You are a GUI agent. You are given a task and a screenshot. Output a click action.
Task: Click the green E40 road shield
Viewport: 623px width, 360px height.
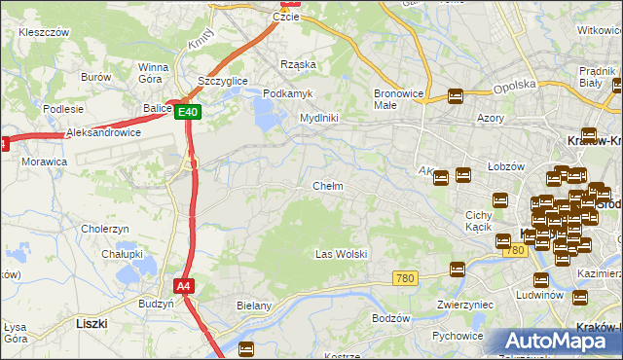pos(189,113)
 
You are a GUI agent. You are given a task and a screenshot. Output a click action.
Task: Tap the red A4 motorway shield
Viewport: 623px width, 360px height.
pos(183,286)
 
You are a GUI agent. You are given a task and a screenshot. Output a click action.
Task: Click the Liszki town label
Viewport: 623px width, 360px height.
pos(91,322)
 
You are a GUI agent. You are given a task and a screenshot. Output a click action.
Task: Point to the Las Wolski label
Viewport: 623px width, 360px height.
pos(341,254)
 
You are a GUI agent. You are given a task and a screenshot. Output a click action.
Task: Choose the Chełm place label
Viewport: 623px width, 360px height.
pos(327,186)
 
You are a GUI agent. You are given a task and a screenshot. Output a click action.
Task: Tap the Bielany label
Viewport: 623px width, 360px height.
pos(253,306)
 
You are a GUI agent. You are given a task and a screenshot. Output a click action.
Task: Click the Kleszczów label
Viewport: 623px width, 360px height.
pos(42,32)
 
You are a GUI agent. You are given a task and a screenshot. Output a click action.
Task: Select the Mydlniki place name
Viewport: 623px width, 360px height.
pos(318,118)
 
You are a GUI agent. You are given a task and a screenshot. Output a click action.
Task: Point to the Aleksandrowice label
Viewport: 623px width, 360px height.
pos(103,132)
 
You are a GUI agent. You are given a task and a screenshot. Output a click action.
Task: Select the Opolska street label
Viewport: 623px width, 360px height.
pos(515,86)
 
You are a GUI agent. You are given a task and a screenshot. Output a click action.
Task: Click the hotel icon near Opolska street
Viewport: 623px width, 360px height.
pos(455,95)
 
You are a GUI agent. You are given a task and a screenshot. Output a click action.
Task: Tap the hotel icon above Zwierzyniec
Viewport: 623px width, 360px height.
pos(457,269)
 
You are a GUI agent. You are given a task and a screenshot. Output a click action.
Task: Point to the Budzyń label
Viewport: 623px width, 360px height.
pos(156,304)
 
